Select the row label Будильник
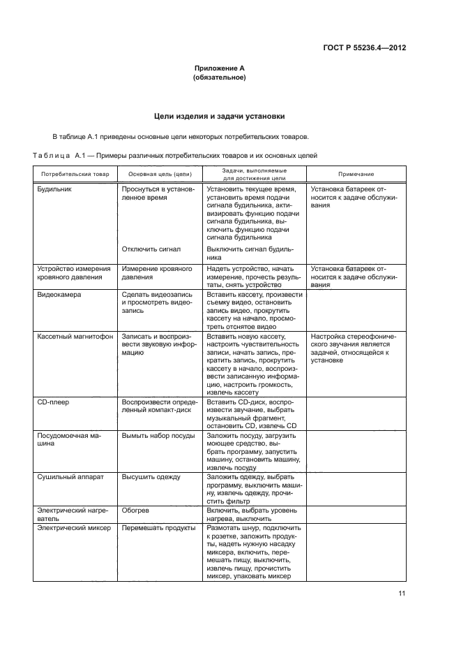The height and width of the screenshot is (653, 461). click(x=54, y=189)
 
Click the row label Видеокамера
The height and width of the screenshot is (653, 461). click(x=59, y=295)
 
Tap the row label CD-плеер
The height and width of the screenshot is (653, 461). click(x=53, y=403)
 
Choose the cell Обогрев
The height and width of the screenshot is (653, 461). click(x=136, y=529)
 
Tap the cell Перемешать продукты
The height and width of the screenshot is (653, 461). click(x=158, y=548)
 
